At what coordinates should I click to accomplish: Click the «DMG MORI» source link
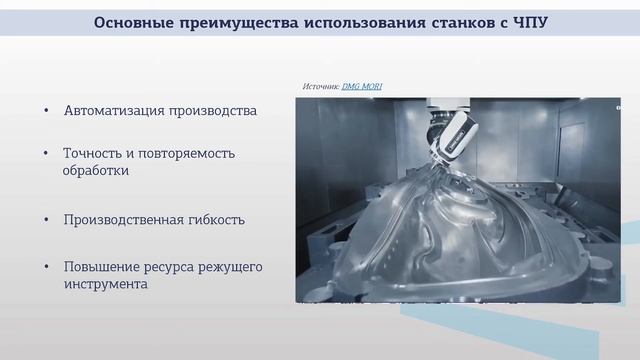pyautogui.click(x=361, y=87)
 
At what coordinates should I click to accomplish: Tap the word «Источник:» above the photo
pyautogui.click(x=321, y=87)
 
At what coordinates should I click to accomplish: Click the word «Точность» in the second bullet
pyautogui.click(x=93, y=153)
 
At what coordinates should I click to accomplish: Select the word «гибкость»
pyautogui.click(x=217, y=219)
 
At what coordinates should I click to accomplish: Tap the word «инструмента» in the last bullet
pyautogui.click(x=105, y=285)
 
